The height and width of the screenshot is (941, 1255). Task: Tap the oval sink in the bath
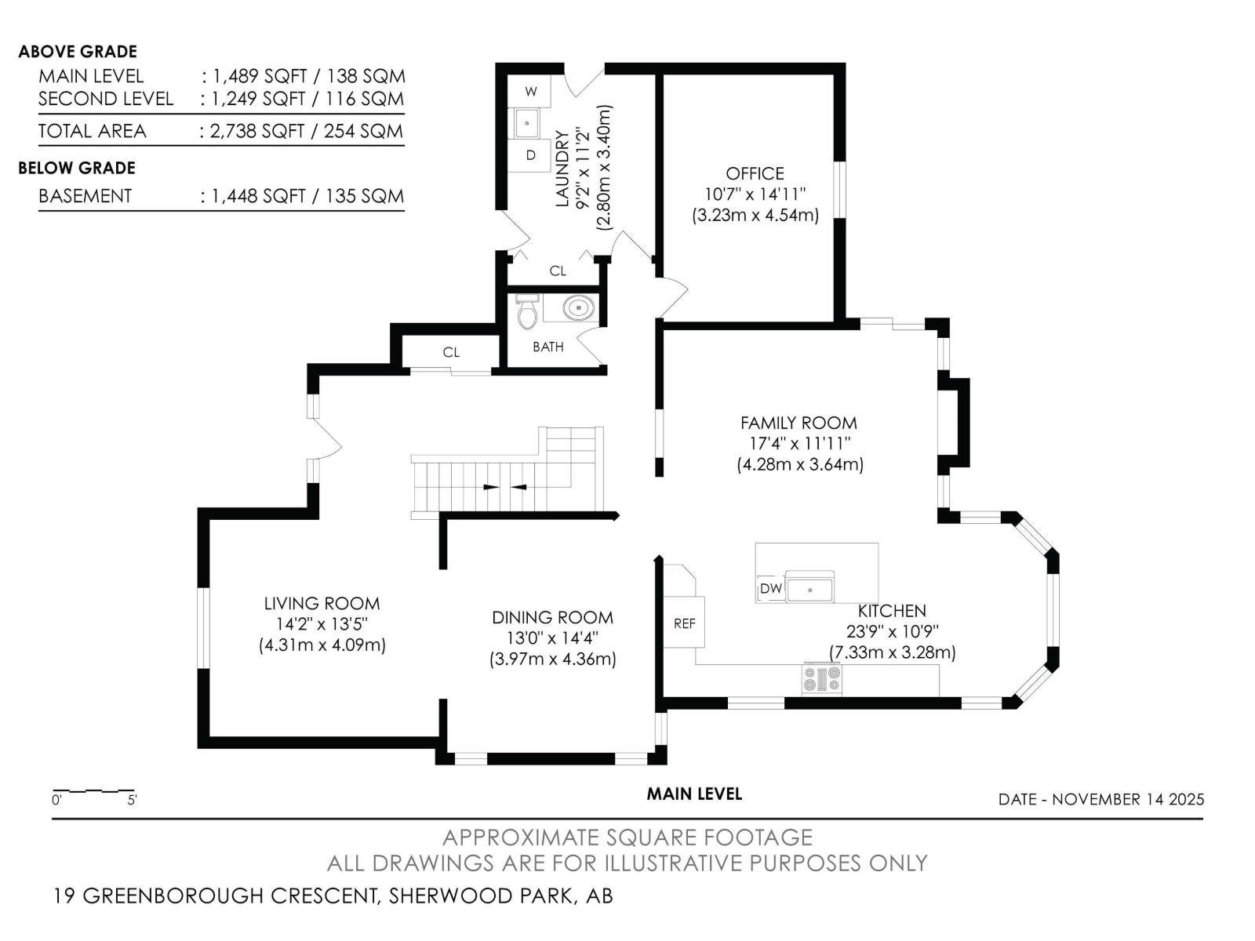click(x=578, y=308)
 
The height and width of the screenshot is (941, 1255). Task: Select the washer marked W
click(x=531, y=92)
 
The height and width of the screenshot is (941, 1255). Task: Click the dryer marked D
click(x=531, y=155)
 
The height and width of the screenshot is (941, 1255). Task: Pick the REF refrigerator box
click(x=685, y=623)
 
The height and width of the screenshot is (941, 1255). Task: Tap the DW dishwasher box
click(x=770, y=588)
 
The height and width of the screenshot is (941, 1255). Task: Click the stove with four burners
click(x=821, y=678)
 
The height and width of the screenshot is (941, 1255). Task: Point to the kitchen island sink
click(x=811, y=587)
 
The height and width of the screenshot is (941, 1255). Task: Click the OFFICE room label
click(x=755, y=173)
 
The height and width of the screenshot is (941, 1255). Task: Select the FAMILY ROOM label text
click(x=798, y=423)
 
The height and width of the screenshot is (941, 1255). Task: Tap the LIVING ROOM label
click(x=322, y=603)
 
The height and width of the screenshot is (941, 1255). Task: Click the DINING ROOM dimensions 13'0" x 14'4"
click(x=552, y=638)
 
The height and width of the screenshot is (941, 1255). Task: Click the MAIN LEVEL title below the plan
click(x=693, y=794)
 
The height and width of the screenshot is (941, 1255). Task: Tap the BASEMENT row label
click(x=85, y=196)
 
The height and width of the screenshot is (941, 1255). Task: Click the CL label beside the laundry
click(x=558, y=271)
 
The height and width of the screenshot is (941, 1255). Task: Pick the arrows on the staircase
click(x=505, y=487)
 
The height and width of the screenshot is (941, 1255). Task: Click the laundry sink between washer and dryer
click(x=526, y=124)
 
